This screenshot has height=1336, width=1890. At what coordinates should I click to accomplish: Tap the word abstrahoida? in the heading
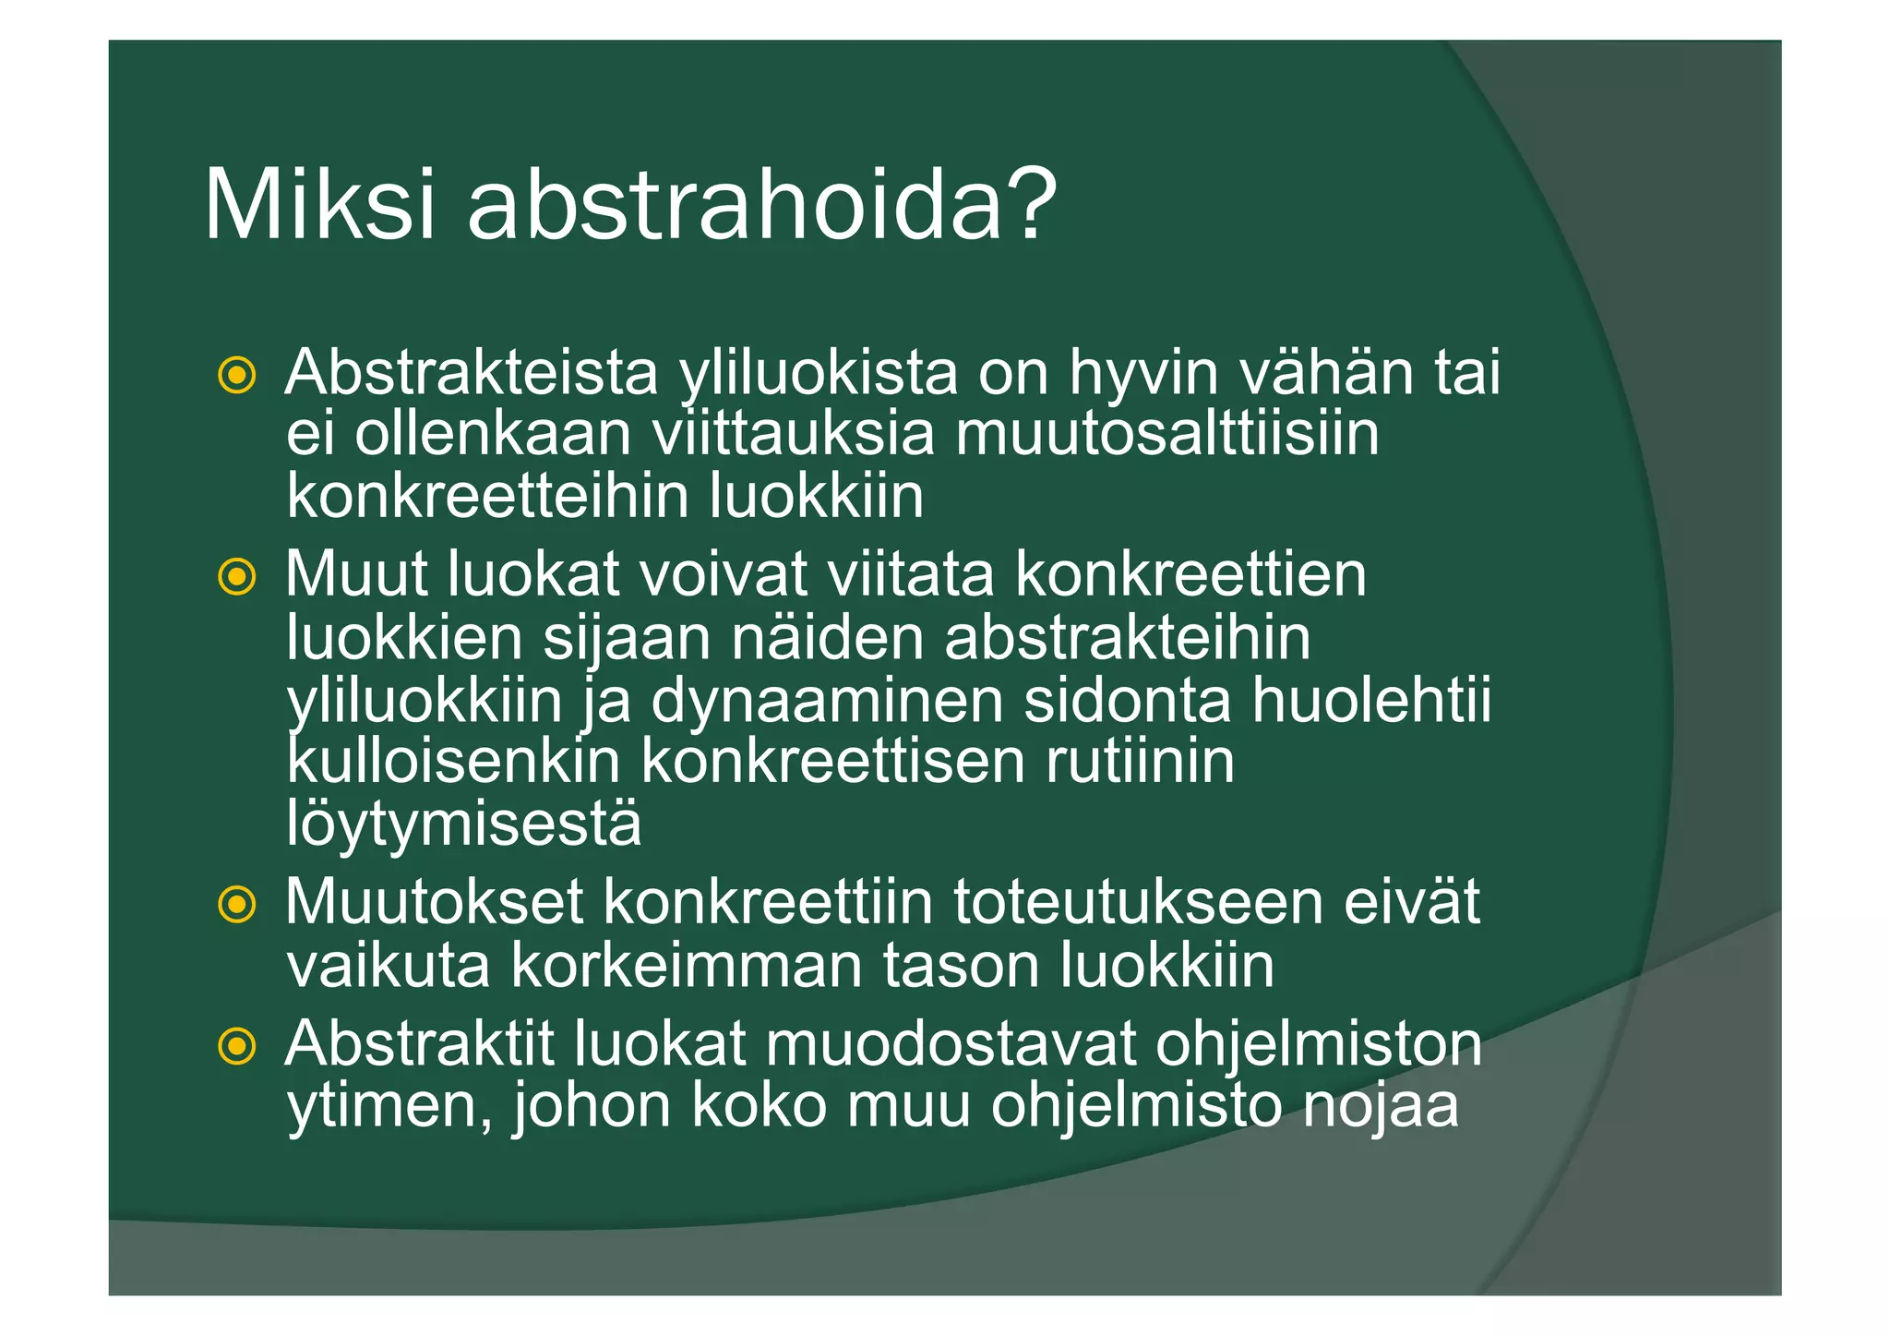(x=762, y=205)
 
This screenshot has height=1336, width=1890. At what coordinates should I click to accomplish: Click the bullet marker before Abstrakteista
(x=236, y=375)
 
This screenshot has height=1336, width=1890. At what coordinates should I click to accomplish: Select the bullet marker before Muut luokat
(x=236, y=577)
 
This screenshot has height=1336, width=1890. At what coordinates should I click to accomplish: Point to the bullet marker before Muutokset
(x=236, y=904)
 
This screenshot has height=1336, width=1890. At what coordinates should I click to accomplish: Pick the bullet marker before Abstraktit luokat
(x=236, y=1046)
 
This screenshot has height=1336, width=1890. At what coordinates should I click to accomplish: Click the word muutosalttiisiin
(x=1166, y=434)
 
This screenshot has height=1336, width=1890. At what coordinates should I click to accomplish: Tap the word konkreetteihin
(x=488, y=497)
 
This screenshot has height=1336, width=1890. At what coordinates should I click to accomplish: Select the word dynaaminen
(x=827, y=700)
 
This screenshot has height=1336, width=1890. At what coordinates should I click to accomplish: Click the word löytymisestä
(x=463, y=824)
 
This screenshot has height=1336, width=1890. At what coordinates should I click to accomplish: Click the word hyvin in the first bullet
(x=1142, y=374)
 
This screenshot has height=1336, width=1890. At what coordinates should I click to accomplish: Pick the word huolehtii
(x=1371, y=700)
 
